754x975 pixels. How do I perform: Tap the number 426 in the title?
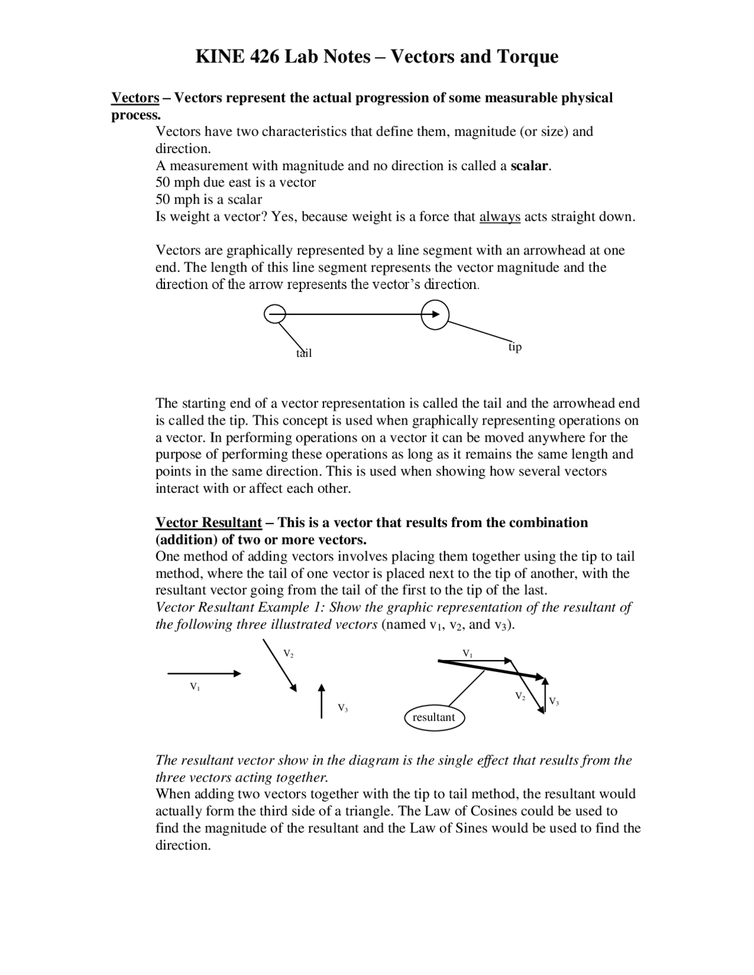pos(265,57)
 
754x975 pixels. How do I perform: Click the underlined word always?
pos(500,217)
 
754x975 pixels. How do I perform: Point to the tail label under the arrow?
pos(303,353)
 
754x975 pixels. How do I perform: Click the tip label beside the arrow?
pos(515,347)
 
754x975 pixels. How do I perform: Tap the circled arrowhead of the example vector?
pos(435,314)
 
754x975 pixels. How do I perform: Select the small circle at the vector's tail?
pos(275,314)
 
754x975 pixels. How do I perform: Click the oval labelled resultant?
pos(434,717)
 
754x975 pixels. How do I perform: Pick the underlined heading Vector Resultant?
pos(209,522)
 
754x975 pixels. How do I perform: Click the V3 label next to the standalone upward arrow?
pos(342,708)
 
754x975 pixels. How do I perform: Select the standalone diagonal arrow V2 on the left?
pos(280,665)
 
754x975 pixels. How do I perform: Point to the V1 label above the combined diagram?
pos(467,653)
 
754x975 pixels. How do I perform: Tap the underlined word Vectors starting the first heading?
pos(135,98)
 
